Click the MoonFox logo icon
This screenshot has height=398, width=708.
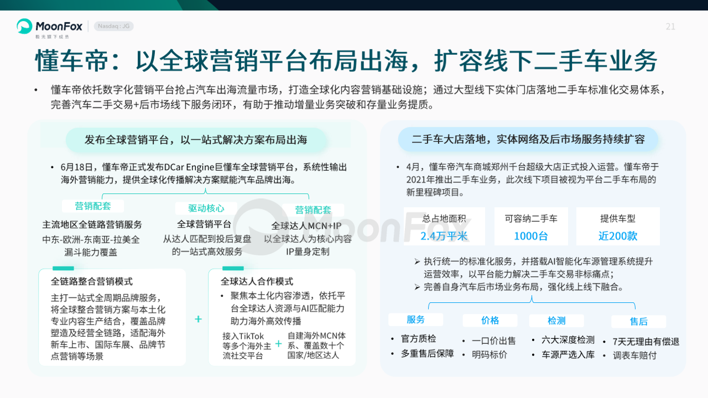coord(24,26)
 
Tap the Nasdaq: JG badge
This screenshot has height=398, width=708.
coord(114,26)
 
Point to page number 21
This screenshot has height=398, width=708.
coord(670,27)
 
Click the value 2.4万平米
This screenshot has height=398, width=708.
coord(444,236)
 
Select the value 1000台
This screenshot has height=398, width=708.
coord(530,236)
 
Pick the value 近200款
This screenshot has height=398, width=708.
coord(618,236)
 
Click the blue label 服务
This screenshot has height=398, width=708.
coord(415,320)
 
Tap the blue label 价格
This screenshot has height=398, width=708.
coord(490,321)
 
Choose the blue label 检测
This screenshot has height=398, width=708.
coord(556,321)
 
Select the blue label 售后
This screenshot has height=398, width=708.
coord(638,322)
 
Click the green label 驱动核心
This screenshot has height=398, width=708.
coord(206,208)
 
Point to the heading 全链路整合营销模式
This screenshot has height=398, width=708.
coord(92,281)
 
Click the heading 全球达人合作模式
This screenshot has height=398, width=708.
coord(257,281)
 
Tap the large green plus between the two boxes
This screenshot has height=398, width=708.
coord(198,319)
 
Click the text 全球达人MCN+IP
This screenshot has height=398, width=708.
coord(306,226)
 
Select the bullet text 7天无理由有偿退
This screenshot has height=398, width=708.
coord(645,342)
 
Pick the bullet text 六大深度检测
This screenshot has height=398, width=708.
coord(568,340)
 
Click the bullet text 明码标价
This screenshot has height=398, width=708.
coord(490,355)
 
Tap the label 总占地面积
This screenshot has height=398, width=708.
coord(444,218)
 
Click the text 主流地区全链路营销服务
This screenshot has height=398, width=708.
coord(92,224)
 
